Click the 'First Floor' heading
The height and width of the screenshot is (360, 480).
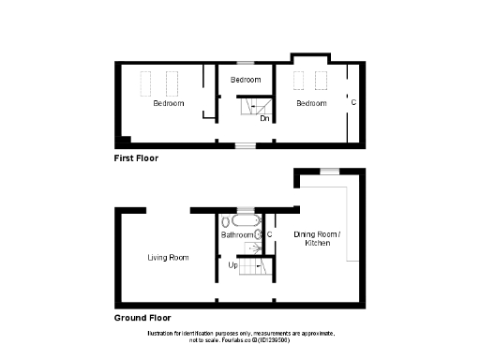tap(136, 158)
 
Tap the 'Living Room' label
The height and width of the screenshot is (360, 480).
tap(169, 257)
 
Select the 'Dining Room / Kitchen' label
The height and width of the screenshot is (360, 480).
tap(318, 238)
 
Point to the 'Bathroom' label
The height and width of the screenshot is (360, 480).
tap(237, 235)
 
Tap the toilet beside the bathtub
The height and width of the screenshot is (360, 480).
tap(227, 222)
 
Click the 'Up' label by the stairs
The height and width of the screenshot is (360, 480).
tap(233, 265)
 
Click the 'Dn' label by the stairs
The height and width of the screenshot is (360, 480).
tap(265, 119)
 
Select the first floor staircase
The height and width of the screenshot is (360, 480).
tap(251, 110)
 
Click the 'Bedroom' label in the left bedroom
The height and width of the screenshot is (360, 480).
tap(169, 103)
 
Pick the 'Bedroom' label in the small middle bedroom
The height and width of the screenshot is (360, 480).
tap(246, 80)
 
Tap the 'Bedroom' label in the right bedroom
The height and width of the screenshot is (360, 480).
tap(311, 103)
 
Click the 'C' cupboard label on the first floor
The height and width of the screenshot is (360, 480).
tap(353, 101)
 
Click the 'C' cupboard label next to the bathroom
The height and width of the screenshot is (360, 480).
tap(269, 233)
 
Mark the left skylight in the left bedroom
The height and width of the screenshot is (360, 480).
tap(146, 83)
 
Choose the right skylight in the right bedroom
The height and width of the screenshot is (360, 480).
tap(321, 78)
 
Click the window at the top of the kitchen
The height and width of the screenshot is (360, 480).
tap(329, 170)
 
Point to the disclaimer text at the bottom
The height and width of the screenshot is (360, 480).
tap(240, 337)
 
